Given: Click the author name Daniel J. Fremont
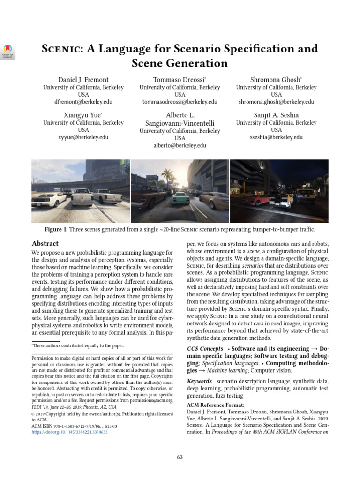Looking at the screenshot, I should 83,80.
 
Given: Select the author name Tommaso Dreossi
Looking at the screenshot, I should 180,80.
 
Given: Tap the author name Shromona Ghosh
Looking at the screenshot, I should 276,80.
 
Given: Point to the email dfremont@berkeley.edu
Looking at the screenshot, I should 83,102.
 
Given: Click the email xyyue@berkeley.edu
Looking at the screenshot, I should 83,137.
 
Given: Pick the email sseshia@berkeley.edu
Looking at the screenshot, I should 276,137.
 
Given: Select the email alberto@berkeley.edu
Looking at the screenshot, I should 180,146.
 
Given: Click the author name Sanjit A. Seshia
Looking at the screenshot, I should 276,115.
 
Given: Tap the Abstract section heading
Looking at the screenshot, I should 45,243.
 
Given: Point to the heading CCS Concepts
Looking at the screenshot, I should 205,349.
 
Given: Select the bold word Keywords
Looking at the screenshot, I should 199,381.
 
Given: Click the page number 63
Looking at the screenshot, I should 180,457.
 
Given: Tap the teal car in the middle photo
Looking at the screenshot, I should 180,198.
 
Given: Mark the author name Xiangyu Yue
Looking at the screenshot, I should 82,115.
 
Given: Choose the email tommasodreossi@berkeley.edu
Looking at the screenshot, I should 180,102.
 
